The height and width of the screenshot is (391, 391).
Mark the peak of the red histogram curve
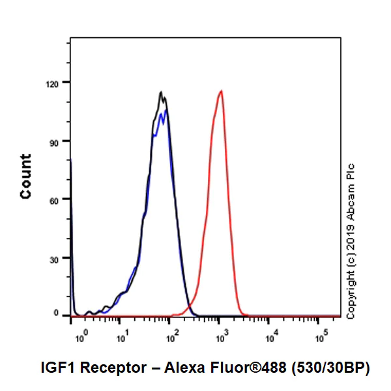(x=222, y=91)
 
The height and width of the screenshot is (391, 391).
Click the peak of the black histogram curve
(x=161, y=92)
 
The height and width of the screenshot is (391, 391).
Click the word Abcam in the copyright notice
(x=351, y=194)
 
